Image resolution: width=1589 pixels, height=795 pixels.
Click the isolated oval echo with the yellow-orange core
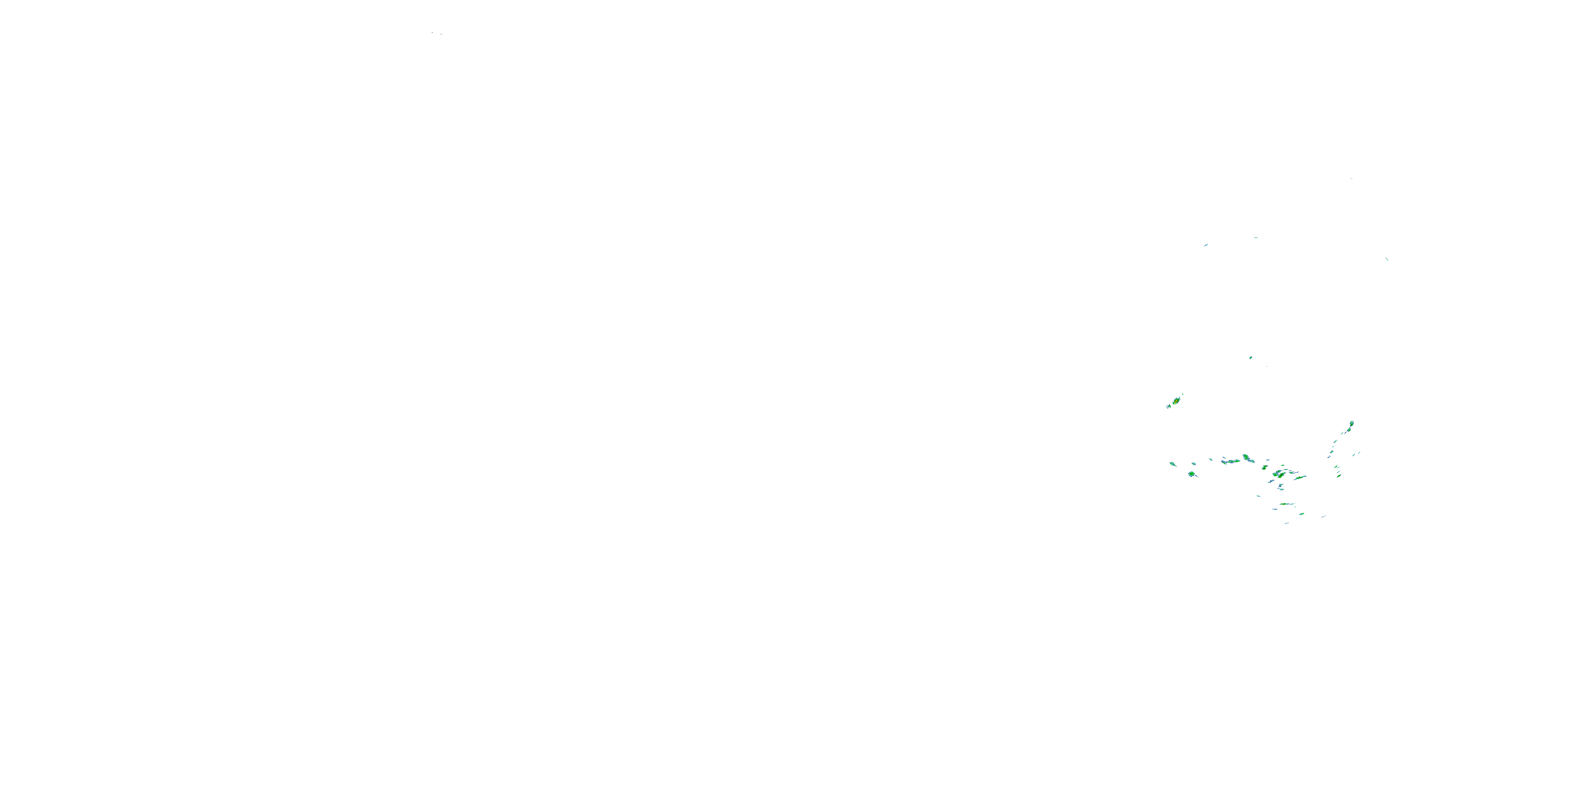point(1176,401)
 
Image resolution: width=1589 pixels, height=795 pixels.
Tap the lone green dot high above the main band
point(1251,357)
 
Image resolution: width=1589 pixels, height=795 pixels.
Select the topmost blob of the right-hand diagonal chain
point(1352,424)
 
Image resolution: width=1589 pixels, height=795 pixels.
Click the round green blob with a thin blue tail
point(1191,474)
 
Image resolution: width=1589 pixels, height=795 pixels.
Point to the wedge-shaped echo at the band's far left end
point(1172,464)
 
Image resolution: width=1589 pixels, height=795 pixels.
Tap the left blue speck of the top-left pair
point(432,32)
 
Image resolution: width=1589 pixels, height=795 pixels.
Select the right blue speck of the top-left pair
point(441,34)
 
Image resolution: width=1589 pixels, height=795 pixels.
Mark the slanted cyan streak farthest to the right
point(1387,259)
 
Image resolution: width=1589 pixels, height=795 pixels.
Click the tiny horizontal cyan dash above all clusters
point(1256,237)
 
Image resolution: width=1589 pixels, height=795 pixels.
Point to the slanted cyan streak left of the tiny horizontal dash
point(1206,245)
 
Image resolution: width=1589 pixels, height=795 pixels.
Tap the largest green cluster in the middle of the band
point(1281,474)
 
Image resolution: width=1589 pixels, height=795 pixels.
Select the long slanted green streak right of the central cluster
point(1300,477)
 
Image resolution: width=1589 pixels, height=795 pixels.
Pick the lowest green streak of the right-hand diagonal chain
point(1338,475)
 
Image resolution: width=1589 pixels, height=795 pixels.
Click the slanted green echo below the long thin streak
point(1301,514)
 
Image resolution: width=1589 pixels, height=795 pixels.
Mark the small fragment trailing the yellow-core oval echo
point(1168,406)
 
